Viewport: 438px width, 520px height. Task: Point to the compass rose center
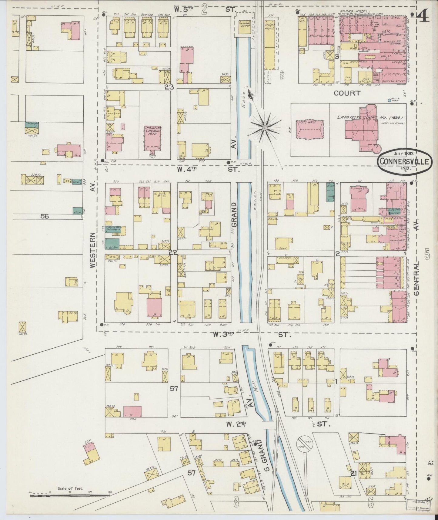pos(265,128)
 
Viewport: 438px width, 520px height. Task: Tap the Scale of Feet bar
pos(70,495)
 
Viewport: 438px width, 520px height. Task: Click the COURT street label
pos(347,93)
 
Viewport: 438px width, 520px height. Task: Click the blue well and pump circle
pos(390,100)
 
